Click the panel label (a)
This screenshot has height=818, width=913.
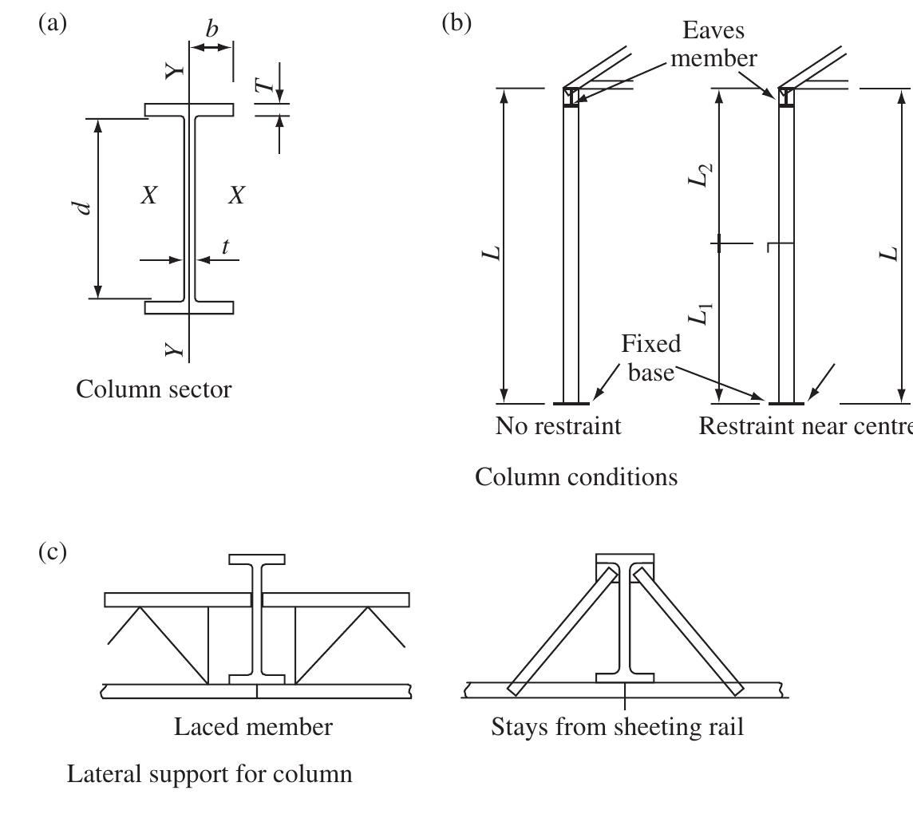(53, 23)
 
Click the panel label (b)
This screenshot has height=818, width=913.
(457, 23)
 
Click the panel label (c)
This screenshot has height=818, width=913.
(53, 552)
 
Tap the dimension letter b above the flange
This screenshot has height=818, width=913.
(211, 30)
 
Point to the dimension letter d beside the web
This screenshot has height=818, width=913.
(82, 208)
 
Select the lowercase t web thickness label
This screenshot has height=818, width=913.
(225, 247)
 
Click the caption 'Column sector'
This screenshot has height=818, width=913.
(154, 389)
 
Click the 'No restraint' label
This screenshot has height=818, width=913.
(558, 426)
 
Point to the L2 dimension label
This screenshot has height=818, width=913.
(700, 175)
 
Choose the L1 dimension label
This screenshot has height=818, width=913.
(700, 313)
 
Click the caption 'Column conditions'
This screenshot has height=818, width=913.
(576, 477)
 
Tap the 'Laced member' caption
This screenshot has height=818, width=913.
(253, 727)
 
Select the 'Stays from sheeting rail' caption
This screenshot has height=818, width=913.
(617, 727)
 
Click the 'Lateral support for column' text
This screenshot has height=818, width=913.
(209, 774)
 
